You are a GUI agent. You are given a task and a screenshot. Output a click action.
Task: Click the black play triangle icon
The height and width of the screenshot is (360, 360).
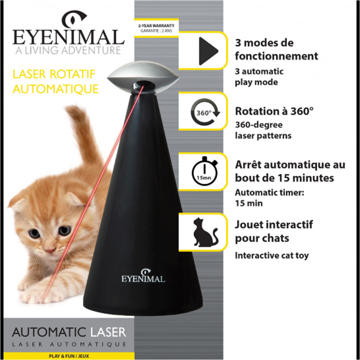tap(208, 50)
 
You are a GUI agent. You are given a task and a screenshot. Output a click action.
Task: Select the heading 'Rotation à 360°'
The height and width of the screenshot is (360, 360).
tap(274, 111)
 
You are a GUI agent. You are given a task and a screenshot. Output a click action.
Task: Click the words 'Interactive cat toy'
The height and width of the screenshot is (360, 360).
tap(271, 256)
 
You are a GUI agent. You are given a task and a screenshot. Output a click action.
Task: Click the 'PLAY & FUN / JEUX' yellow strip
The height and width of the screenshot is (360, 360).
tap(68, 356)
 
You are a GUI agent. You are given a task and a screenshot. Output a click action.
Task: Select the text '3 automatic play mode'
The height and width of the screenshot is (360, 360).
tap(259, 77)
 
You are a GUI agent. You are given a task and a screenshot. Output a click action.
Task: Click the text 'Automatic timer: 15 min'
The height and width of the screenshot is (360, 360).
tap(270, 198)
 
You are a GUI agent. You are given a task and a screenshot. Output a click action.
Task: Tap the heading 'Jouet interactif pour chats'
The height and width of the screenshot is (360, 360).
tap(274, 231)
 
